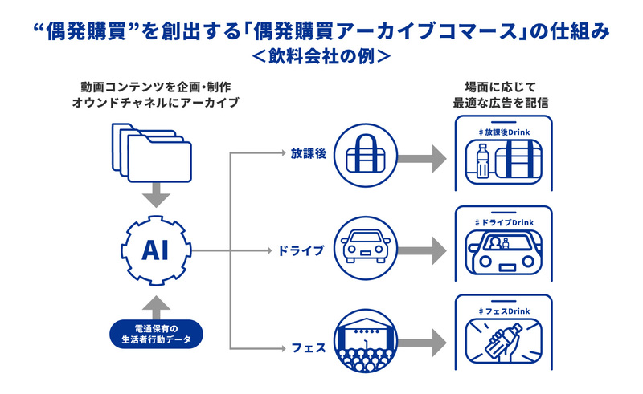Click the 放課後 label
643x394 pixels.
(308, 153)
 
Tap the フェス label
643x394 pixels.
(308, 348)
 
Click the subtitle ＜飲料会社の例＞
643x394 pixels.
(321, 57)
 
